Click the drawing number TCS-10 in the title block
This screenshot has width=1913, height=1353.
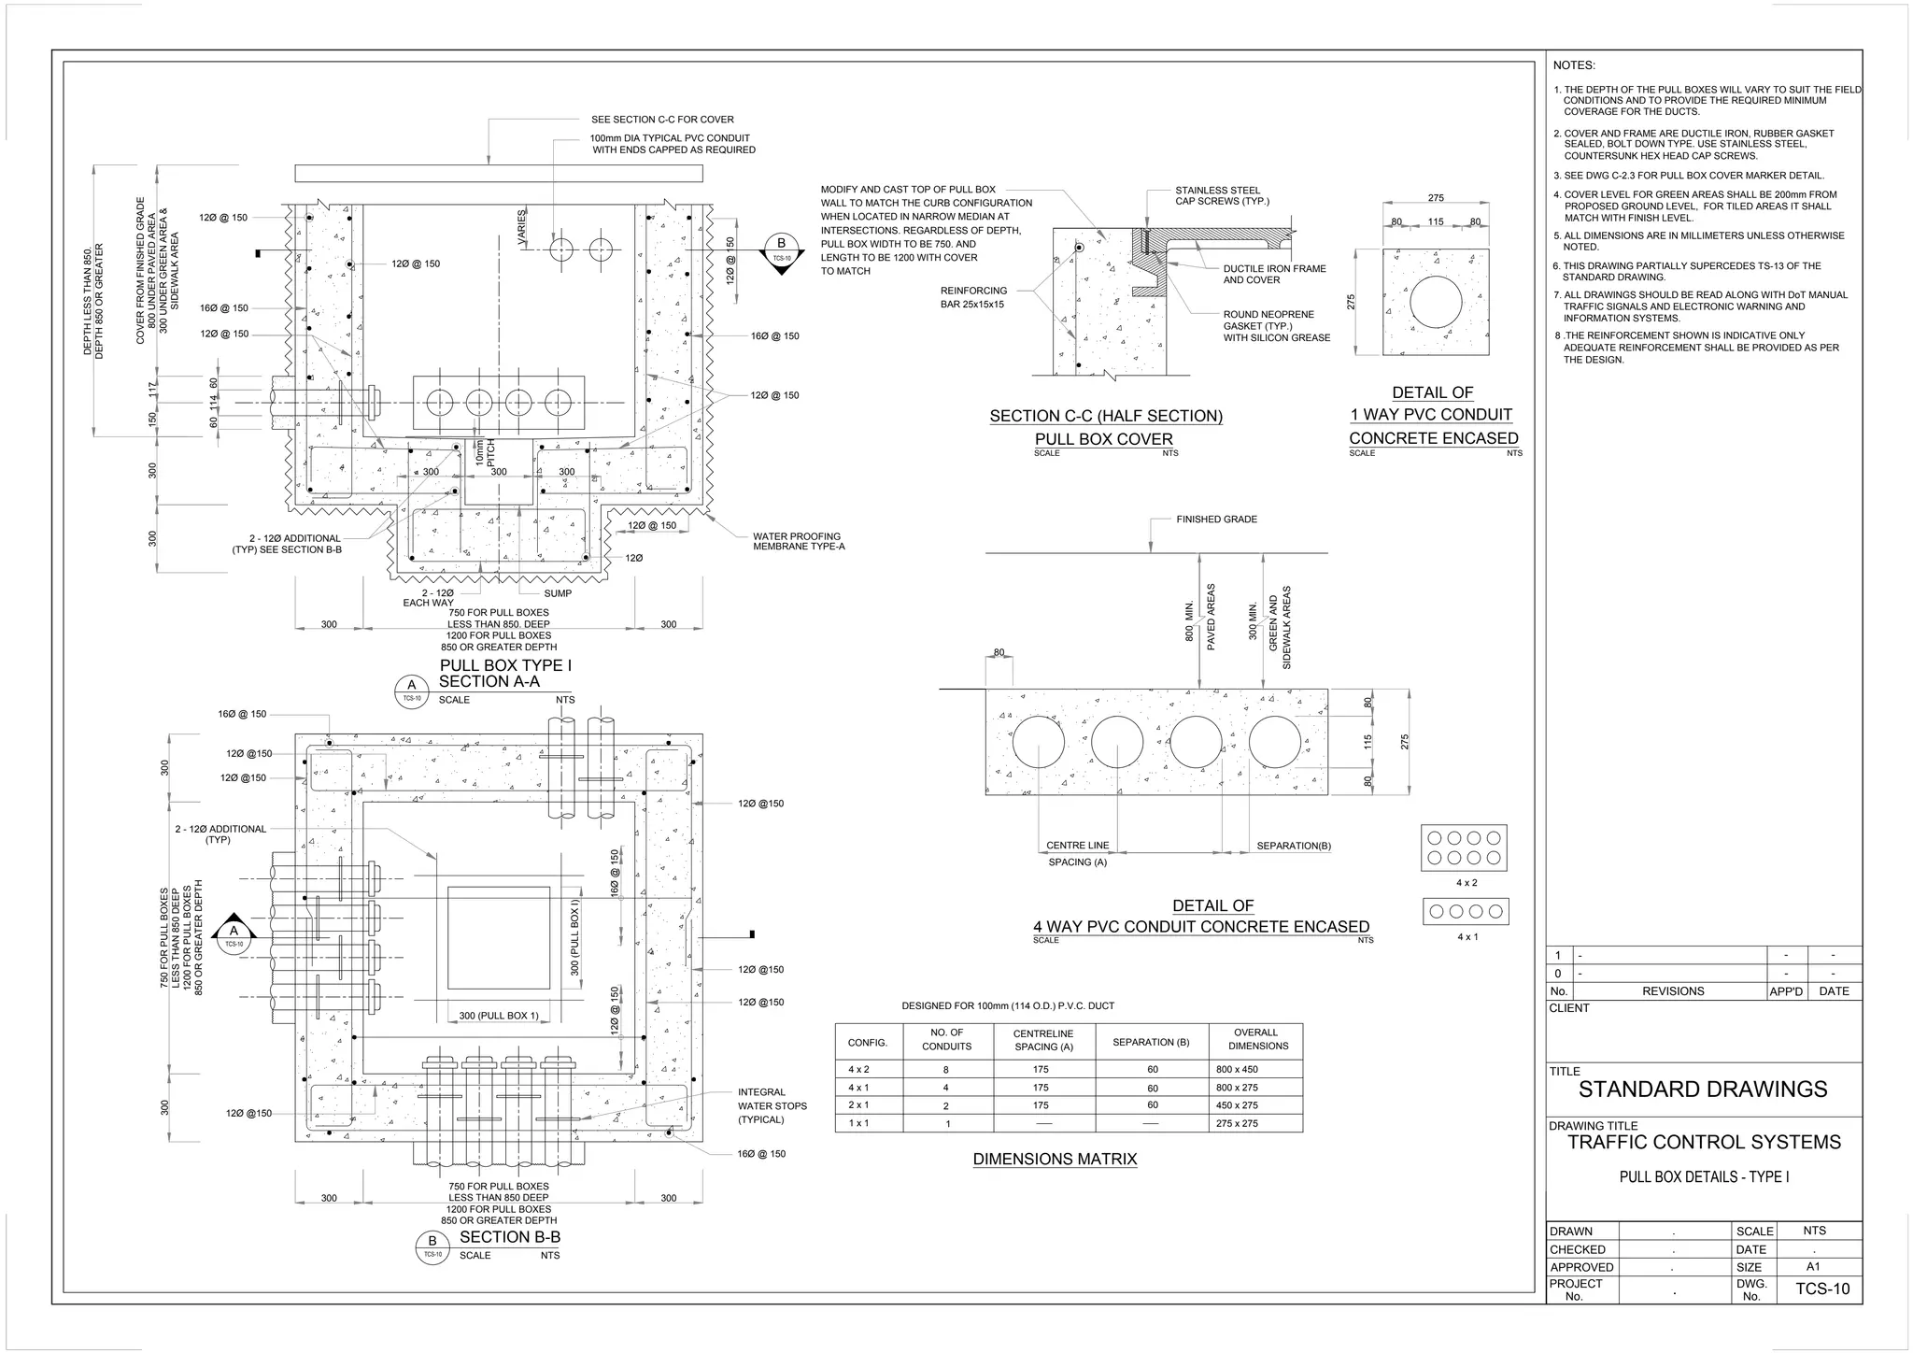(1821, 1289)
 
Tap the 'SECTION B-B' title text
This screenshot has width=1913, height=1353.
(510, 1236)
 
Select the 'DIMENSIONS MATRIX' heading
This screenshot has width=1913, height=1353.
(1055, 1159)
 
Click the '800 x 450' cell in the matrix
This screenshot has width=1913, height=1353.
(1237, 1069)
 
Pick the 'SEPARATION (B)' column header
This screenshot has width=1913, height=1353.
(1151, 1042)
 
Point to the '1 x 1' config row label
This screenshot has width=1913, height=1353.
(857, 1123)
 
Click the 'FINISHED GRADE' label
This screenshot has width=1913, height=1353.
(1216, 519)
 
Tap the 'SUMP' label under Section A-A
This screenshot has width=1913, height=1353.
(558, 593)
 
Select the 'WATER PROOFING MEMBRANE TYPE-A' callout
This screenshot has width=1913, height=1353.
(799, 541)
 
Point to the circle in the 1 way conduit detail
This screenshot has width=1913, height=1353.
(1436, 302)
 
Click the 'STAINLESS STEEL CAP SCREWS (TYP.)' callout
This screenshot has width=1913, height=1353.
(1222, 195)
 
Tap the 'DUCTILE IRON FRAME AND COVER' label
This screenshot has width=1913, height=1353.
(1274, 274)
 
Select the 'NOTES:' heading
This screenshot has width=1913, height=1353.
(1574, 65)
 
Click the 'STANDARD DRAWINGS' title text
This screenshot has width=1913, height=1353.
(1702, 1089)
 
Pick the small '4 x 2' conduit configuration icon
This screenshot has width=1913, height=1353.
(1465, 847)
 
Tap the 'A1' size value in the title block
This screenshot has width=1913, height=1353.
(1813, 1267)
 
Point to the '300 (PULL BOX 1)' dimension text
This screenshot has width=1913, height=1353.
(499, 1016)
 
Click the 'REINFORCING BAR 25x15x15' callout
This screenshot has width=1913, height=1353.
(973, 297)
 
